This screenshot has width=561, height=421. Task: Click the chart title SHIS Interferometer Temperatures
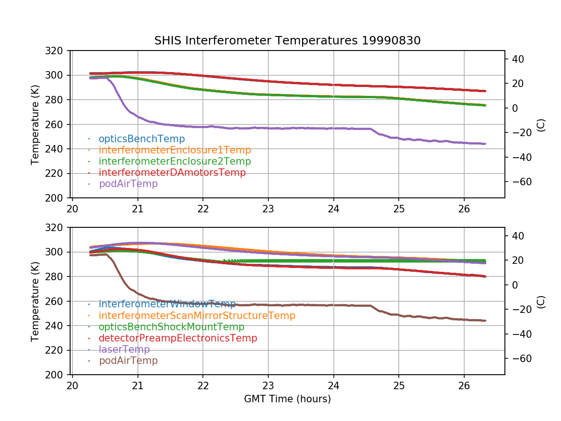[x=287, y=41]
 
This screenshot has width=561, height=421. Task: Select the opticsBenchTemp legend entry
[x=142, y=139]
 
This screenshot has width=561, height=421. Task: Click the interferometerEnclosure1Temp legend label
[x=174, y=150]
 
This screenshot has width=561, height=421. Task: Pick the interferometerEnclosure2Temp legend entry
[x=174, y=161]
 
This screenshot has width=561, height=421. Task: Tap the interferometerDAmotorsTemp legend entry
[x=172, y=173]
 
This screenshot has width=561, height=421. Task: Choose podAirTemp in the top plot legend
[x=128, y=184]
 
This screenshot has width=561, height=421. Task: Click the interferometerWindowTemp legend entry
[x=167, y=305]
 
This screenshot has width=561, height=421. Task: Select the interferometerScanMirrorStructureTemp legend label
[x=197, y=316]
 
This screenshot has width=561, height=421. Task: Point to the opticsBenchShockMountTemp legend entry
[x=171, y=327]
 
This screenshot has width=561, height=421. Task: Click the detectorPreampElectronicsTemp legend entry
[x=178, y=338]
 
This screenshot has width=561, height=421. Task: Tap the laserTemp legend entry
[x=124, y=349]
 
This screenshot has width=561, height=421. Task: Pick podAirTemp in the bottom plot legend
[x=128, y=361]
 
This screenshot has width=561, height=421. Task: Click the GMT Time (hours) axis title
[x=287, y=399]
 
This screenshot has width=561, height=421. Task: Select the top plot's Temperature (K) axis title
[x=35, y=124]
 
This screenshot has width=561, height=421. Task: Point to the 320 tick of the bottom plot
[x=57, y=228]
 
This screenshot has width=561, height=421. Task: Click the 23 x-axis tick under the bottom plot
[x=268, y=385]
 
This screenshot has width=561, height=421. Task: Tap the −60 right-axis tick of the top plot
[x=519, y=181]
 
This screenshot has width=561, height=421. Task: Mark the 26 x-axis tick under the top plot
[x=463, y=209]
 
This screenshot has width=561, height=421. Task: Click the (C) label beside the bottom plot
[x=541, y=301]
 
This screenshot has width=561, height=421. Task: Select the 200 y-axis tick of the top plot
[x=57, y=198]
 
